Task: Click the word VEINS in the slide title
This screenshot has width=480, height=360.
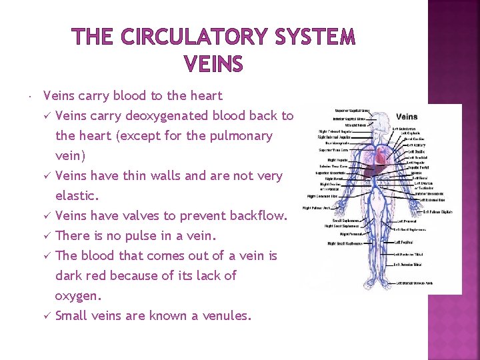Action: [213, 65]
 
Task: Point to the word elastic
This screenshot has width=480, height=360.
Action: [77, 196]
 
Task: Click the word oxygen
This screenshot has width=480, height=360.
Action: [78, 295]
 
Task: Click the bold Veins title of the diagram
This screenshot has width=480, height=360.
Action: [407, 117]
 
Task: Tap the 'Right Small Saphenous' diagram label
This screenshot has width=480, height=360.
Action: [345, 243]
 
